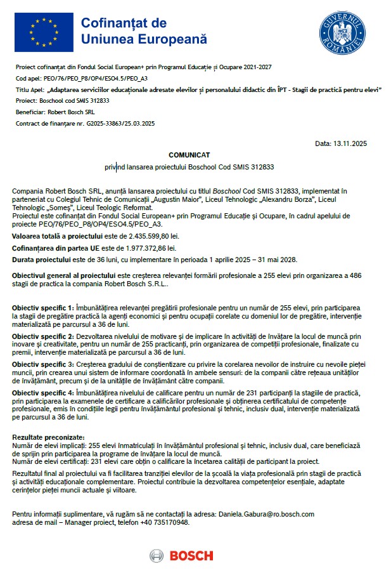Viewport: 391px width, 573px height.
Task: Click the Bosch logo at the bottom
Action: (182, 556)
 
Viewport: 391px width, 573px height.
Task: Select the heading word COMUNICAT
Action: (189, 155)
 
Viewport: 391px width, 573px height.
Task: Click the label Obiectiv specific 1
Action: (43, 307)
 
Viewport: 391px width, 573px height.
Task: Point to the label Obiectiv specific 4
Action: (43, 393)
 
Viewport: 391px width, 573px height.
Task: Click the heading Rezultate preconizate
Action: (48, 438)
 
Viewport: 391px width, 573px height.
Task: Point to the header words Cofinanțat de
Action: (124, 23)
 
